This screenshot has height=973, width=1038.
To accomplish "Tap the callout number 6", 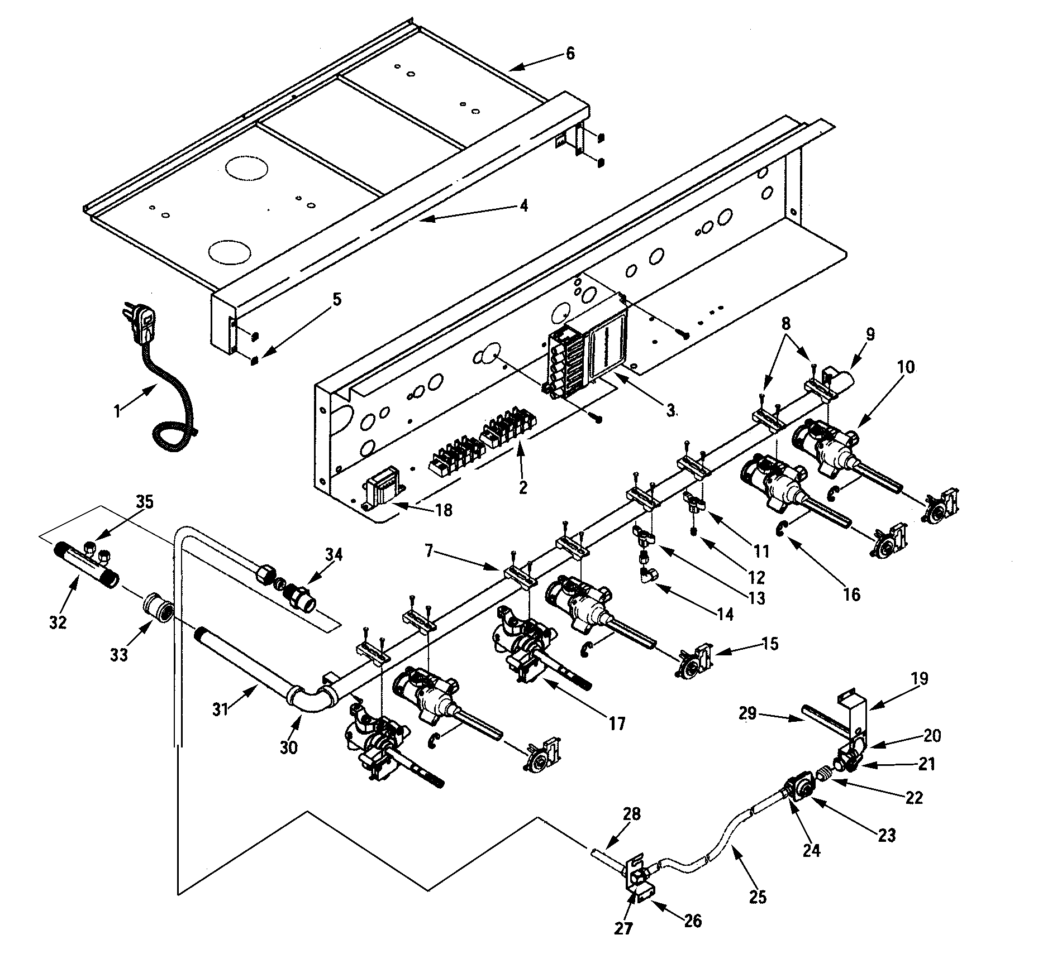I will click(x=570, y=54).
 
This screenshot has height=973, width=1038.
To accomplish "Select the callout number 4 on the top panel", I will click(x=523, y=205).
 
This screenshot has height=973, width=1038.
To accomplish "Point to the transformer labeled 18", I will click(x=380, y=495).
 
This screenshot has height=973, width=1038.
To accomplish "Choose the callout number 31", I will click(x=222, y=710).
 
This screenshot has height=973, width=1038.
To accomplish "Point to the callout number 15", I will click(x=769, y=643).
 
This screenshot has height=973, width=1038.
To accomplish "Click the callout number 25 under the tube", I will click(x=758, y=897).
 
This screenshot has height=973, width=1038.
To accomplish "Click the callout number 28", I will click(x=632, y=813).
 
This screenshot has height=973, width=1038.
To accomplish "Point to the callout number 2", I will click(x=523, y=487).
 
